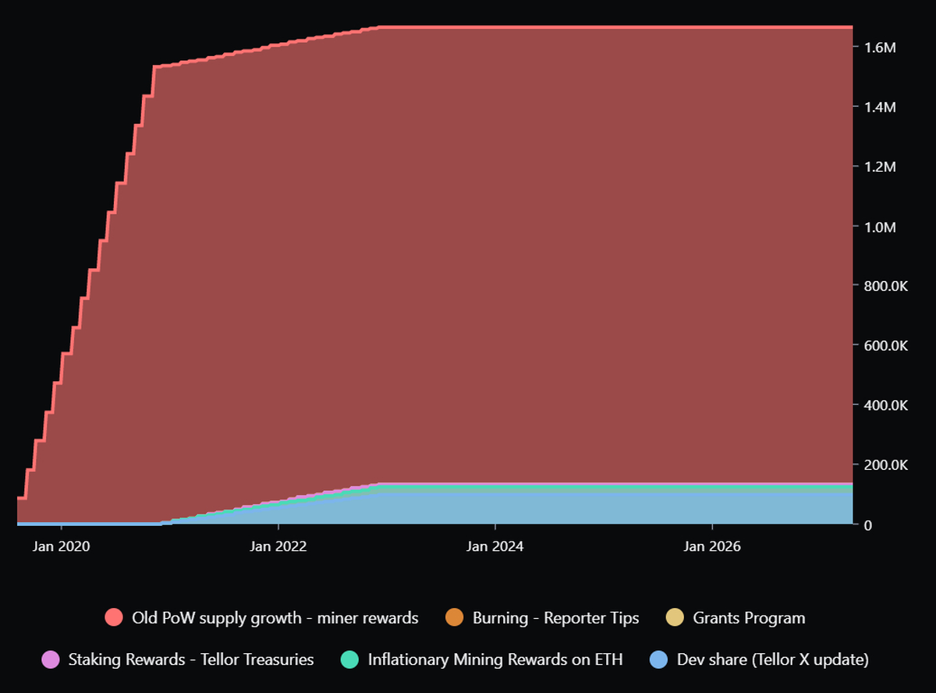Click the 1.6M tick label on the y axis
(x=879, y=48)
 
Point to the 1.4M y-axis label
(x=879, y=107)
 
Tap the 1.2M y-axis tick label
(x=879, y=167)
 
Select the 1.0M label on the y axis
(x=879, y=226)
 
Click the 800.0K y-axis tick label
(x=885, y=286)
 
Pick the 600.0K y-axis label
(x=885, y=346)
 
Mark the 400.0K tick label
(x=885, y=406)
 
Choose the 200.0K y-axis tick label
(x=885, y=465)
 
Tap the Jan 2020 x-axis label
(x=62, y=546)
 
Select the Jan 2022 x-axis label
(x=278, y=546)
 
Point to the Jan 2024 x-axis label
(x=495, y=546)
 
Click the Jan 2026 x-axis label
(x=712, y=546)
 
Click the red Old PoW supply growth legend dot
(x=114, y=618)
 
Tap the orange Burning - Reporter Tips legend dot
(x=455, y=618)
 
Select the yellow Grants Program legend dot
(x=675, y=618)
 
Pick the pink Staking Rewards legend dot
(x=51, y=659)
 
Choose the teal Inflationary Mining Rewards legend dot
(x=349, y=659)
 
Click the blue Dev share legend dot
(x=659, y=659)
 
